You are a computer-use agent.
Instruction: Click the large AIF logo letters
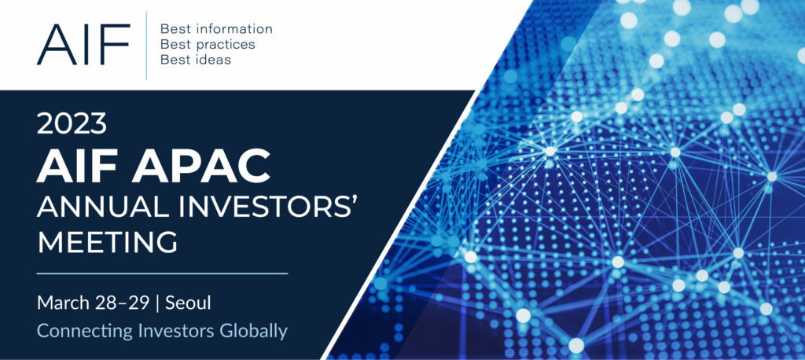[x=83, y=44]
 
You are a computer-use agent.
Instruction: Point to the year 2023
[x=72, y=123]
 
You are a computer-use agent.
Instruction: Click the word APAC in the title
[x=200, y=166]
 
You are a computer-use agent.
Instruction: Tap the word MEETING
[x=107, y=242]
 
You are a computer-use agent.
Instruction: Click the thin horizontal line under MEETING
[x=162, y=274]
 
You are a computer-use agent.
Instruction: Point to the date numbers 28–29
[x=122, y=303]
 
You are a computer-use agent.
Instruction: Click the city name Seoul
[x=189, y=303]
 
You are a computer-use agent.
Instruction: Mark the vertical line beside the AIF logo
[x=146, y=46]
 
